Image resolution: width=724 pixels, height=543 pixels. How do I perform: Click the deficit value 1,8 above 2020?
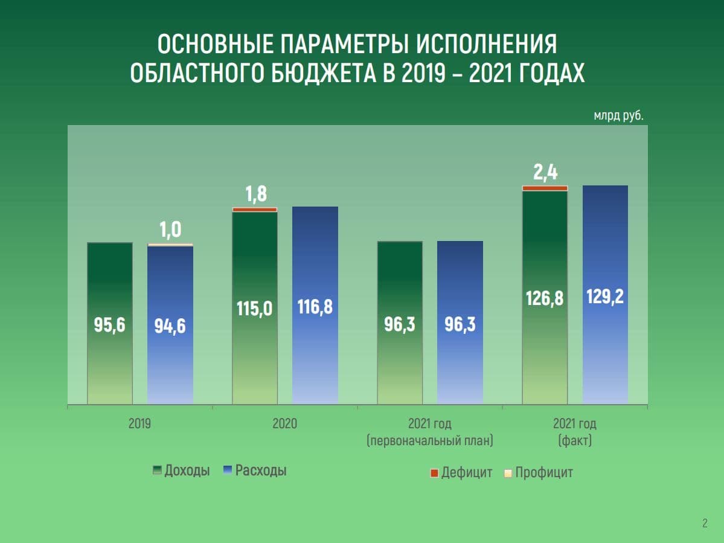255,194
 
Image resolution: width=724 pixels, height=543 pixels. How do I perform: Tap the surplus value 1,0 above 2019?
170,230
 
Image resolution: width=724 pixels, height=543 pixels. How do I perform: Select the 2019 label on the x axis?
139,424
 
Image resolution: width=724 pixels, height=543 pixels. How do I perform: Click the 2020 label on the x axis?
284,424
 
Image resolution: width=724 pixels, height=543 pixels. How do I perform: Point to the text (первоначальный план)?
430,441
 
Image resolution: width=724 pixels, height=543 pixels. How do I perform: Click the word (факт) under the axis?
575,441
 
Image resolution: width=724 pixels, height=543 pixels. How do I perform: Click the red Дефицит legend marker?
434,473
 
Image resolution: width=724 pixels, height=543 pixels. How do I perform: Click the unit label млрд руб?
618,115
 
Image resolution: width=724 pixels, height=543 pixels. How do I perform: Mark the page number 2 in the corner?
705,523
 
